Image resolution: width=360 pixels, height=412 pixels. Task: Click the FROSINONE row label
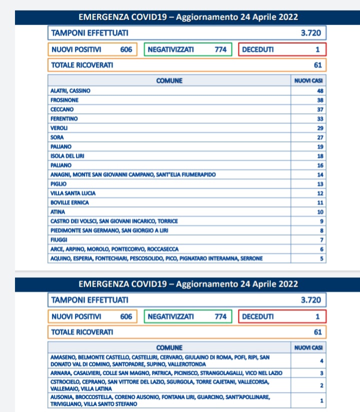point(64,100)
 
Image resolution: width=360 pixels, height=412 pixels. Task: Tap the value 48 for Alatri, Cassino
point(320,91)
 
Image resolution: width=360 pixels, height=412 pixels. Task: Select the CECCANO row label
point(62,109)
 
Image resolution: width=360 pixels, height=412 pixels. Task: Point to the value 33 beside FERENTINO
point(320,119)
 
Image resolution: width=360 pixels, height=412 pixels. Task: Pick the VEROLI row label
point(59,128)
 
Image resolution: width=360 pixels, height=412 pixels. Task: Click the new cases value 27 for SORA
point(320,137)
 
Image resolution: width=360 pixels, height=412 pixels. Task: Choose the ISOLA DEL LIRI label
point(67,156)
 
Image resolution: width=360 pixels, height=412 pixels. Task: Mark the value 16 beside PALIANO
point(320,165)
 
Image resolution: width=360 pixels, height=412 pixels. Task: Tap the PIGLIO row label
point(58,184)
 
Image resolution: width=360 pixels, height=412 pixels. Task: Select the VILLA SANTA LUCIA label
point(73,193)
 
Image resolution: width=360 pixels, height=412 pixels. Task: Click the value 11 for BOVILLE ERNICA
point(320,203)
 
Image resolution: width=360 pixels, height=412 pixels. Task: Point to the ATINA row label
point(58,212)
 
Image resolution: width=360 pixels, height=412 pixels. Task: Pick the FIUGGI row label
point(59,240)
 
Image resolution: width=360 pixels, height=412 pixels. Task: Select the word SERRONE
point(251,259)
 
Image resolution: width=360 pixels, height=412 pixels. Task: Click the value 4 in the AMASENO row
point(322,360)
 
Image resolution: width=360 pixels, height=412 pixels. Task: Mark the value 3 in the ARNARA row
point(322,373)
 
